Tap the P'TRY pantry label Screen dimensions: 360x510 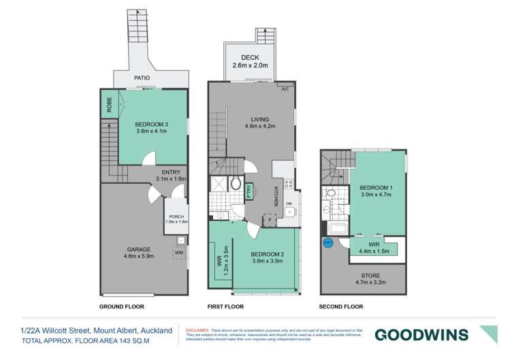249,191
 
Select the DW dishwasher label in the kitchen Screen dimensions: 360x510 289,203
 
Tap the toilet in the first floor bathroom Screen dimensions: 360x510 236,183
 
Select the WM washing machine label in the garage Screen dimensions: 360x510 179,253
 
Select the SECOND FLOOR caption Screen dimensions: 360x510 341,306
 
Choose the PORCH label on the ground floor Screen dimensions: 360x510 176,215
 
